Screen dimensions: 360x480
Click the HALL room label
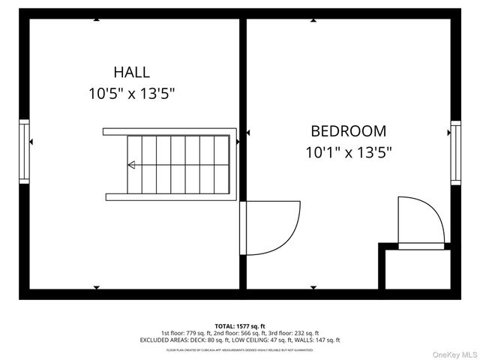pos(131,73)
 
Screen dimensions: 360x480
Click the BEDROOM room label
pos(349,130)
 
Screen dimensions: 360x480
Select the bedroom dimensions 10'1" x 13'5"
pos(349,152)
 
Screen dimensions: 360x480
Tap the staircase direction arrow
pos(132,165)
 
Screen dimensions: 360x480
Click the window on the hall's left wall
pos(25,151)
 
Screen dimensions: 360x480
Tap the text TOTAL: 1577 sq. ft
pos(239,325)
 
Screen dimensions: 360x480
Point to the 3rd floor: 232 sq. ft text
pos(293,333)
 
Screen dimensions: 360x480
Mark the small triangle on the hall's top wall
pos(97,19)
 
